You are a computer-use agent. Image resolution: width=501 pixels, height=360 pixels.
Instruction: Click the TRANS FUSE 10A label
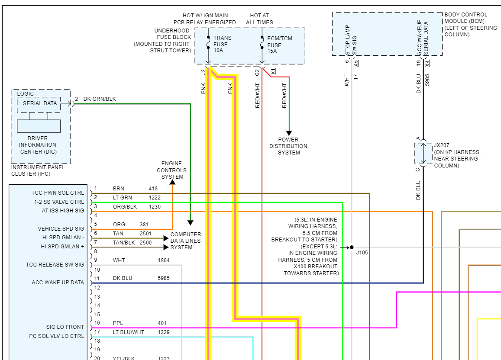point(222,44)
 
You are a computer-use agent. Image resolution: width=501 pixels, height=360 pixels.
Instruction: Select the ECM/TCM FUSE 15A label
point(279,45)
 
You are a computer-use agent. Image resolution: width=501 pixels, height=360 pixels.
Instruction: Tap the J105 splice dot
point(352,247)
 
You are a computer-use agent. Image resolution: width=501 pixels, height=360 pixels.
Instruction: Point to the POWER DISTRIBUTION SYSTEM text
point(288,146)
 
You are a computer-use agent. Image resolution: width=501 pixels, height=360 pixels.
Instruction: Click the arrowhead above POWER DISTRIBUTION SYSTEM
point(289,133)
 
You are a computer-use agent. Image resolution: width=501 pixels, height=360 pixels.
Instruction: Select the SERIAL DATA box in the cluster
point(39,103)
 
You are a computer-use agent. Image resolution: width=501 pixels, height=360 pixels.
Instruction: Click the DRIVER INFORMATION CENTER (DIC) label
point(38,145)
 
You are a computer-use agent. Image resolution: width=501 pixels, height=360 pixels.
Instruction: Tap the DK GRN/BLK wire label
point(100,99)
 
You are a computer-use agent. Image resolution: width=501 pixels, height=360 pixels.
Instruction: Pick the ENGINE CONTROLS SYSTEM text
point(172,170)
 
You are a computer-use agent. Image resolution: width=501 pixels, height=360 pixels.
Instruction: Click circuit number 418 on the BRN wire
point(153,189)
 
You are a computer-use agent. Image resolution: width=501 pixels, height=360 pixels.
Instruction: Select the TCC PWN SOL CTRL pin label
point(58,193)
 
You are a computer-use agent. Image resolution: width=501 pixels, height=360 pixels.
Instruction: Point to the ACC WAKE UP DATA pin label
point(58,283)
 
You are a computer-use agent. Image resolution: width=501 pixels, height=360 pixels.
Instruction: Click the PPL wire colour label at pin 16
point(118,323)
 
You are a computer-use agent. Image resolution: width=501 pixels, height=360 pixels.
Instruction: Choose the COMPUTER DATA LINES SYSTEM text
point(185,241)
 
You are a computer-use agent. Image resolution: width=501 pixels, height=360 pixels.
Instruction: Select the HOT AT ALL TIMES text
point(259,19)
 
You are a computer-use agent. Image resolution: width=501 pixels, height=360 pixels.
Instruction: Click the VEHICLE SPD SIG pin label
point(61,229)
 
